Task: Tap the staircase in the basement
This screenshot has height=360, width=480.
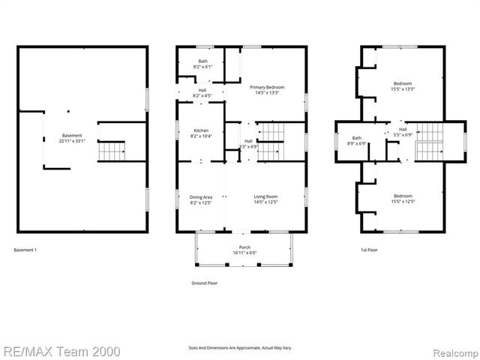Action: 112,151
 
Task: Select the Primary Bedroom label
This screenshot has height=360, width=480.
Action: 268,90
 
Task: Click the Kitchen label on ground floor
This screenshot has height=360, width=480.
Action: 201,133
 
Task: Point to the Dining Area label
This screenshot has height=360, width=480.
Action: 201,199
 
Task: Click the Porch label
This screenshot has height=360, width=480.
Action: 244,250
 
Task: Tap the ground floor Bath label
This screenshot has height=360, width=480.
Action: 202,64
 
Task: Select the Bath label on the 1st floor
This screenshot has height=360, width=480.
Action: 357,140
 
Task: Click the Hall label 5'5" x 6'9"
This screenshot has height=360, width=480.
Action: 403,132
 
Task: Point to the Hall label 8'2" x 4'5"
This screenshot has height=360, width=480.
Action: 202,93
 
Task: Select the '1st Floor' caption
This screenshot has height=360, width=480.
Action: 370,250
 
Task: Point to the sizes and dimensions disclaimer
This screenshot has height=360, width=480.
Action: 239,348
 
